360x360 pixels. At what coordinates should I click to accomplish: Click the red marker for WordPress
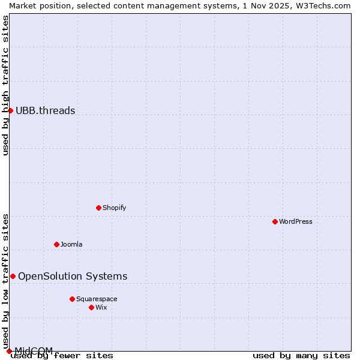point(275,221)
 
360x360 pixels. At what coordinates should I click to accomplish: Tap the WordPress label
point(296,221)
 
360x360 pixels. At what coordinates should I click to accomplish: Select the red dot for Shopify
point(98,208)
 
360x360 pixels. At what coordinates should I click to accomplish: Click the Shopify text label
point(114,208)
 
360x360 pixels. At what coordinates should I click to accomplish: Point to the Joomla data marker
point(56,244)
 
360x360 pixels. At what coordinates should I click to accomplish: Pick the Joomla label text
point(71,244)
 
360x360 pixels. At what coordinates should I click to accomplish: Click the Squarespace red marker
point(72,299)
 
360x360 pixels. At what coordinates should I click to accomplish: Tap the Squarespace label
point(97,299)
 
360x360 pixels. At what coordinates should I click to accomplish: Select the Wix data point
point(91,307)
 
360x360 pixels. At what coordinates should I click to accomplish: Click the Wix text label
point(101,307)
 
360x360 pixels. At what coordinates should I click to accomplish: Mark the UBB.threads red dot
point(10,110)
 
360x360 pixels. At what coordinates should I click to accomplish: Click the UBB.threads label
point(45,110)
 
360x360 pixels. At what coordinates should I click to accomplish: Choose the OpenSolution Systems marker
point(13,276)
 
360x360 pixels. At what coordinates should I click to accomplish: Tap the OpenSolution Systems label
point(73,276)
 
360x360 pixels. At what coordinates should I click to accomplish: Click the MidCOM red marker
point(9,351)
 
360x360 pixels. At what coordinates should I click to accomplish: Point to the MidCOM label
point(34,350)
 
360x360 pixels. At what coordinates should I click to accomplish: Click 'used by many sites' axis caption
point(301,355)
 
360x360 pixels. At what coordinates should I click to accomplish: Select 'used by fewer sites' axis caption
point(62,355)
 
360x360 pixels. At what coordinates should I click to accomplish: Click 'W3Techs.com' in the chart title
point(326,5)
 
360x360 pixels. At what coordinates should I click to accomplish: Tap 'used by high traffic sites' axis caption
point(5,85)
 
